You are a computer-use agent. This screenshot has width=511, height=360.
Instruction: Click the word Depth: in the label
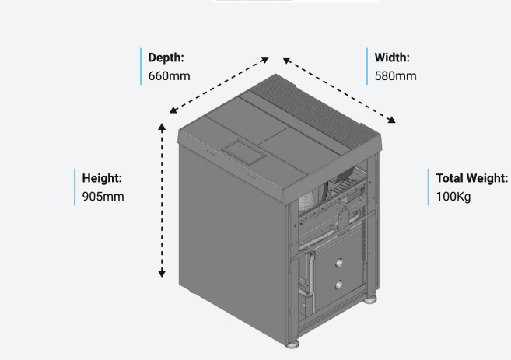point(166,58)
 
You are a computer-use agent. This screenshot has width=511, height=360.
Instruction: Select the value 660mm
point(169,76)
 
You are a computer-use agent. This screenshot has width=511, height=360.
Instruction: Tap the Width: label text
point(392,58)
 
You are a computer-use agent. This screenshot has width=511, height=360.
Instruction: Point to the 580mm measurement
point(395,76)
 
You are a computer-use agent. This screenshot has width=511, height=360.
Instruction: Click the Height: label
point(102,178)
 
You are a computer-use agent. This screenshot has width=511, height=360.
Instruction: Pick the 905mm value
point(103,197)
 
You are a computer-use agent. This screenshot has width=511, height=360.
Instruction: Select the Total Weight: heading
point(471,178)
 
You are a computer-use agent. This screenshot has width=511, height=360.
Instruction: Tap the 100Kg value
point(453,197)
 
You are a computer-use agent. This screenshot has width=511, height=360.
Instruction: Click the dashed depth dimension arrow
point(219,85)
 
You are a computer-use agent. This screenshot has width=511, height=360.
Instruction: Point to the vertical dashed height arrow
point(162,199)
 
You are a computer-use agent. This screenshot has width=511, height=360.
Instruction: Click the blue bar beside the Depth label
point(142,67)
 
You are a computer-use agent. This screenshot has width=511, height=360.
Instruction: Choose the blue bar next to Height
point(76,187)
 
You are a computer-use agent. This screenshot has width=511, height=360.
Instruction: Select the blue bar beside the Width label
point(368,67)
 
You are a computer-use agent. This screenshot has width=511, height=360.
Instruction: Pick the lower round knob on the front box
point(338,285)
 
